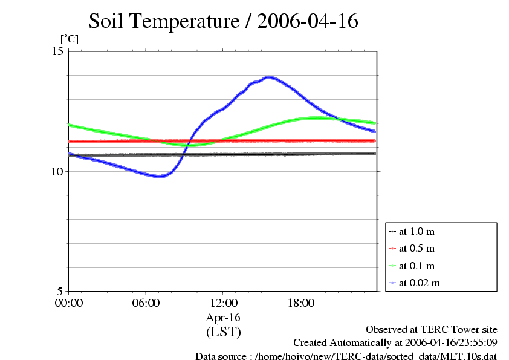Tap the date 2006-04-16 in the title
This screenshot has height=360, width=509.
pos(308,21)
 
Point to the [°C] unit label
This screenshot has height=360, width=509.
pos(69,39)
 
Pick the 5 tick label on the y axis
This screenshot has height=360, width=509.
pos(59,291)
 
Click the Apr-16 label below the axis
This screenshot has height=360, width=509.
pos(224,318)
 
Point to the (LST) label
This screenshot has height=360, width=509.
pos(224,332)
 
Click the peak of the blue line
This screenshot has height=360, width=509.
pos(268,77)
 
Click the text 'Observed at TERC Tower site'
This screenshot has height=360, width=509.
pos(432,330)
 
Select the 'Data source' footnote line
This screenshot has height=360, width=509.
pos(346,356)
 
